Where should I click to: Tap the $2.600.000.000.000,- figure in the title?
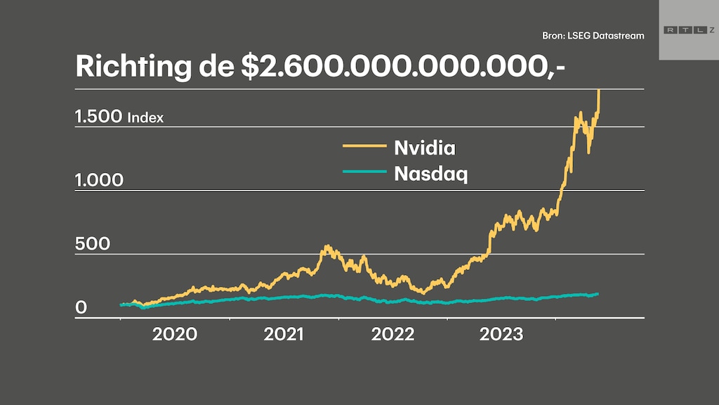(403, 66)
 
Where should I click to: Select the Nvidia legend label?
(425, 148)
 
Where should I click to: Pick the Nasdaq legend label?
(430, 173)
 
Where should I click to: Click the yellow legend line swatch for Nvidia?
(364, 146)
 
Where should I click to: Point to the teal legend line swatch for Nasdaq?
(364, 171)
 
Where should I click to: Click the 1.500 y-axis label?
(99, 117)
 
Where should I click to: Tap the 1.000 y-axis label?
(99, 181)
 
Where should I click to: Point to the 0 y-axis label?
(81, 308)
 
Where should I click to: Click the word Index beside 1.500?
(145, 118)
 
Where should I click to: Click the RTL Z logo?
(687, 30)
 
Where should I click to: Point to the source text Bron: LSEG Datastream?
(593, 35)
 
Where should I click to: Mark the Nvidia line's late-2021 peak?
(326, 247)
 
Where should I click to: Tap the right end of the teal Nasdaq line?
(598, 293)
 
